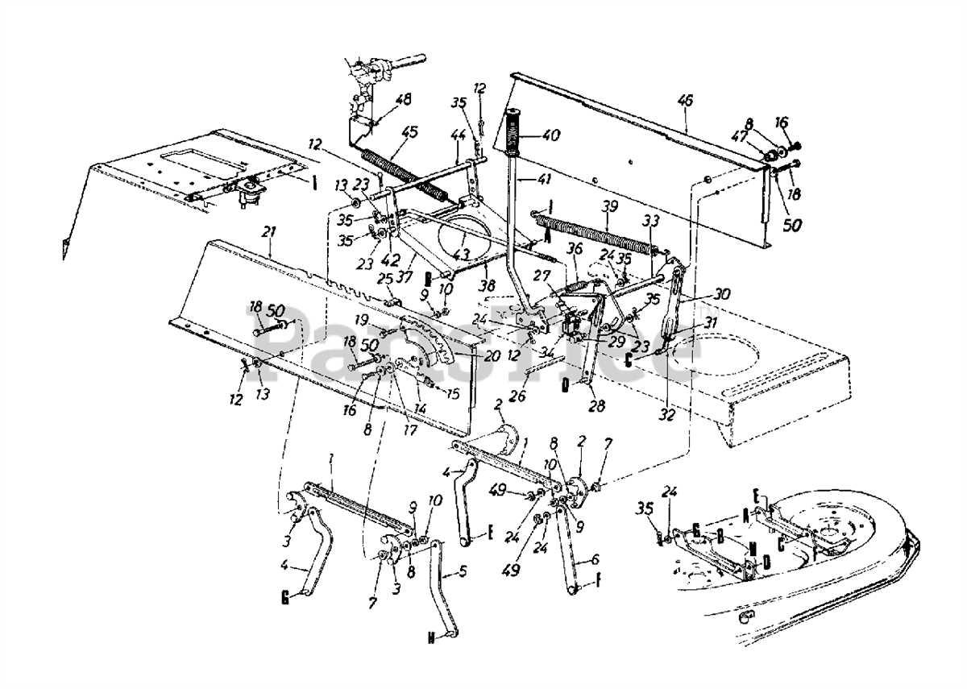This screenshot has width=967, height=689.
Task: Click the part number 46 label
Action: click(685, 102)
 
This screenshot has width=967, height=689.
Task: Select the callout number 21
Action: click(268, 232)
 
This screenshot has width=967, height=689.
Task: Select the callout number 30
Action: click(699, 295)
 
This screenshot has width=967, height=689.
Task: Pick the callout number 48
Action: click(403, 100)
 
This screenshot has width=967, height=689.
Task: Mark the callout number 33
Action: click(650, 219)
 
